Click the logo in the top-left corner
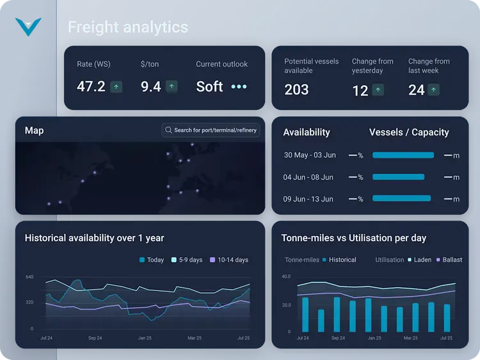pos(28,27)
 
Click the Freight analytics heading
pos(128,27)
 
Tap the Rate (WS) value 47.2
pos(91,86)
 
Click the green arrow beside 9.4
pos(171,86)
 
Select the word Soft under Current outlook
pos(209,86)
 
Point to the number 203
pos(296,90)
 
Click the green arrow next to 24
pos(435,90)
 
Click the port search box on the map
pos(211,130)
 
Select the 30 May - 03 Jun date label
pos(309,155)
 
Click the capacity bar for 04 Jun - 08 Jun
pos(398,177)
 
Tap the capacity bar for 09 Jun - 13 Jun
pos(402,199)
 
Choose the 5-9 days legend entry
pos(186,260)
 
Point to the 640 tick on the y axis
pos(29,277)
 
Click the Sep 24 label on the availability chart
pos(95,338)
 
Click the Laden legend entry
pos(420,260)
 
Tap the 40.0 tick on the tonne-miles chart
pos(286,277)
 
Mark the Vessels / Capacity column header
pos(409,132)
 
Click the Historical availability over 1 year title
pos(94,238)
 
